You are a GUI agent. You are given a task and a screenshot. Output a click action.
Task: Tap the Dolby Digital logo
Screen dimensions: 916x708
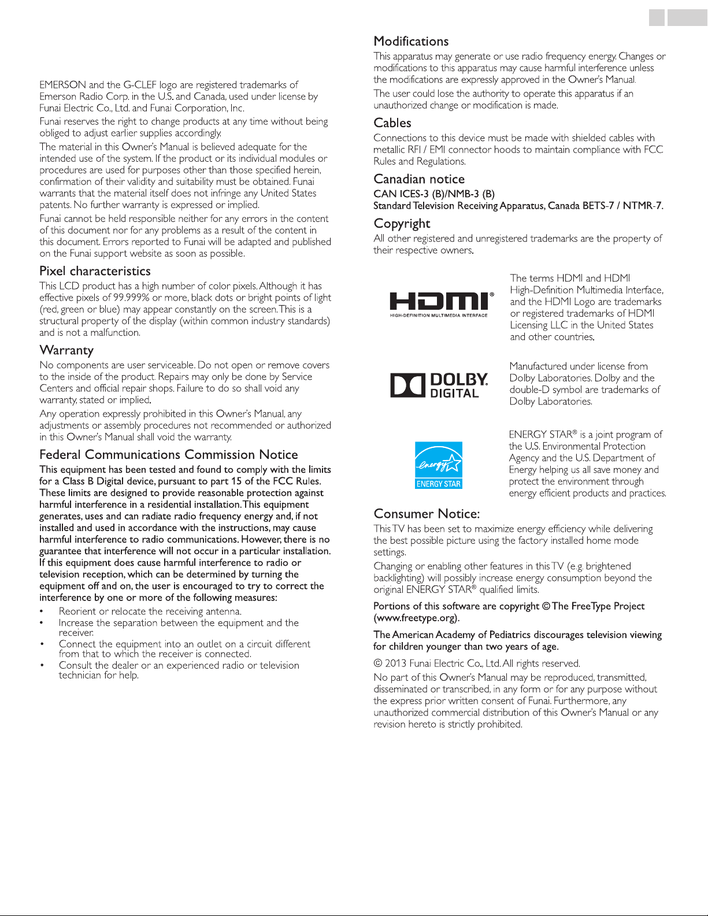439,385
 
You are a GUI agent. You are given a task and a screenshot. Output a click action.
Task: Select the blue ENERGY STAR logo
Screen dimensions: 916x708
439,465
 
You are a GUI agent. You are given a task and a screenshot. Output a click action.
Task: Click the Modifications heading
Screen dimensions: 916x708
411,42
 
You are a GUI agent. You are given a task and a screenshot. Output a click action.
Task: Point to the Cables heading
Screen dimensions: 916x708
392,123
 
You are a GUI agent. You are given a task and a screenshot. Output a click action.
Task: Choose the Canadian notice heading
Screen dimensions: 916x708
419,179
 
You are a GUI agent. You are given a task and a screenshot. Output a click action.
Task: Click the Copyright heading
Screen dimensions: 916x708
402,224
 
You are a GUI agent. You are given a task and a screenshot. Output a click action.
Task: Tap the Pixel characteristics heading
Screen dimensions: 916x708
95,271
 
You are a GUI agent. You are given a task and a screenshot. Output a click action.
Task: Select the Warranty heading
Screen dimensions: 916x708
66,350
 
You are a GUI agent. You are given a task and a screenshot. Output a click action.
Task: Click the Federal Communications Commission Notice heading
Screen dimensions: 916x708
169,455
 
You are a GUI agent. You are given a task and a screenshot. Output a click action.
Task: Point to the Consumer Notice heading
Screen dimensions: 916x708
427,514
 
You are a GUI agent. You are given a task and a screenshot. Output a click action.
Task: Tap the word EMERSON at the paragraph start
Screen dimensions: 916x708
63,85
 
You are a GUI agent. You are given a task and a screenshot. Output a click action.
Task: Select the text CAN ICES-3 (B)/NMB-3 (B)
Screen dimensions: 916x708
434,194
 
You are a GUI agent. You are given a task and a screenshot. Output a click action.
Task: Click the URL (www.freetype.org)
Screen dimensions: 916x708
416,618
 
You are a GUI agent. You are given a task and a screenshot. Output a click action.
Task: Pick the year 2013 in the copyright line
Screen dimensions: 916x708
396,663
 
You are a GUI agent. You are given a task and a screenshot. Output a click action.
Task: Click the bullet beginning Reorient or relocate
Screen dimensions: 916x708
150,611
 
